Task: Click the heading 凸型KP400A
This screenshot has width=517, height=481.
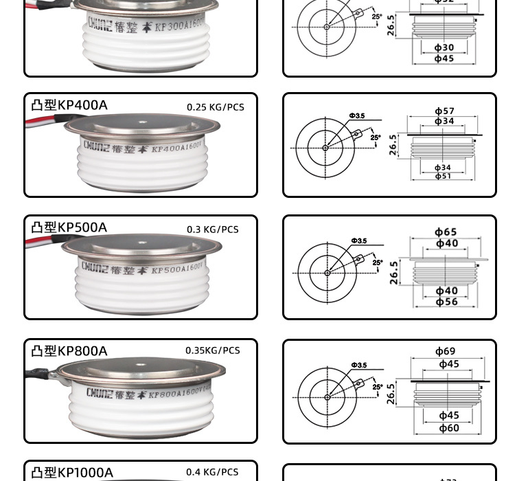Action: coord(69,105)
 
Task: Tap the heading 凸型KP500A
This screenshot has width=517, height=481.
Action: coord(69,227)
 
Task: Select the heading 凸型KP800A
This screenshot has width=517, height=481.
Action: coord(69,351)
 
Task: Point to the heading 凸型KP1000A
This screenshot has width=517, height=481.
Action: coord(72,472)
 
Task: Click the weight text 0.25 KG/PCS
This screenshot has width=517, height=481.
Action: coord(216,107)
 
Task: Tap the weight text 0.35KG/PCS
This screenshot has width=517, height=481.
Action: coord(213,350)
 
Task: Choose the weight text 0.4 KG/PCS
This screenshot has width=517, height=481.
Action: coord(212,472)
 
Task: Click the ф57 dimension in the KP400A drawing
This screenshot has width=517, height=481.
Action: coord(444,111)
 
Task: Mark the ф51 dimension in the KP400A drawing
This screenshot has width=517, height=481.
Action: coord(443,177)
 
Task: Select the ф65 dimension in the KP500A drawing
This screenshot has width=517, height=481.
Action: coord(446,232)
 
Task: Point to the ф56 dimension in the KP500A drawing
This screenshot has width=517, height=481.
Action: coord(446,302)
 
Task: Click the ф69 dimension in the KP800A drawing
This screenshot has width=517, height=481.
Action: coord(445,352)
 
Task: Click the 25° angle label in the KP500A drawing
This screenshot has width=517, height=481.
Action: coord(378,262)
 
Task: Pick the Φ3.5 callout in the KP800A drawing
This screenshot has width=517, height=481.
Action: coord(358,365)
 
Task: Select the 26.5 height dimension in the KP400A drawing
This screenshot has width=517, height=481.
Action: coord(393,145)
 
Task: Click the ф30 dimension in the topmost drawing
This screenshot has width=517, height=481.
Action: coord(444,47)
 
